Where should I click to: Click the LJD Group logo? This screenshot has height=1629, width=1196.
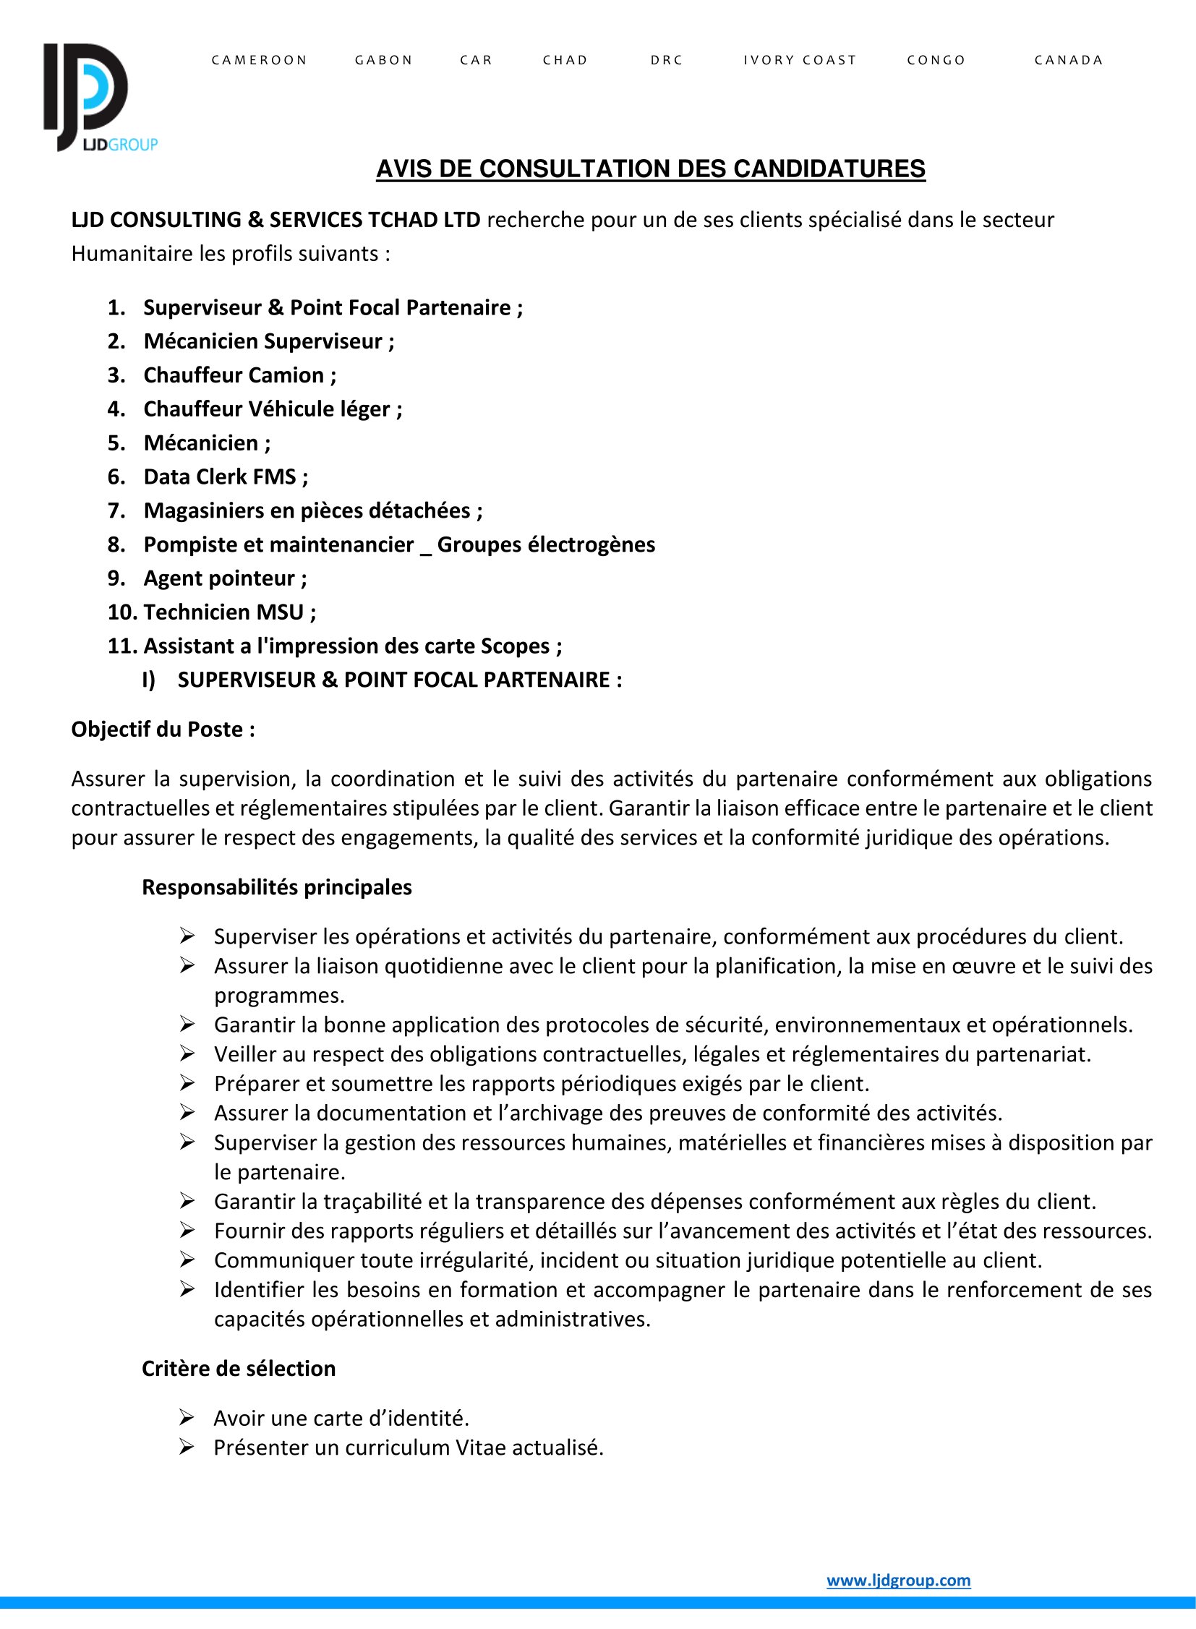tap(98, 98)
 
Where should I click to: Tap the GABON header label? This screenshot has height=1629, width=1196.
tap(383, 60)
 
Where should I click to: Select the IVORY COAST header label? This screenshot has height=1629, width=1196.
tap(799, 60)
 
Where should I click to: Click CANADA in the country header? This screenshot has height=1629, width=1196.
tap(1068, 60)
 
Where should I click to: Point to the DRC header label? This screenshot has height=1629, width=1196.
tap(666, 60)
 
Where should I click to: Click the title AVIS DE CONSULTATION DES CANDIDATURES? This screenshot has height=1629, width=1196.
tap(650, 169)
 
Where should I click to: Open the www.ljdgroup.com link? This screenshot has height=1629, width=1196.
tap(898, 1580)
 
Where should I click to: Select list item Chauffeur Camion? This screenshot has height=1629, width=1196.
tap(239, 375)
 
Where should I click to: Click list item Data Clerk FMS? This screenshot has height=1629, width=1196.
tap(225, 476)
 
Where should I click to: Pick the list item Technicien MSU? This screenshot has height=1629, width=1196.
tap(229, 612)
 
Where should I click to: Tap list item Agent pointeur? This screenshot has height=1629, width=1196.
tap(224, 578)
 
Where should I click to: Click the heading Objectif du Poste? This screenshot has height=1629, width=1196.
tap(163, 729)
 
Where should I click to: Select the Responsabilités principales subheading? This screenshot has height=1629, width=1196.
tap(276, 887)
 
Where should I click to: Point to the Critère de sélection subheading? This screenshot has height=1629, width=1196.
tap(238, 1369)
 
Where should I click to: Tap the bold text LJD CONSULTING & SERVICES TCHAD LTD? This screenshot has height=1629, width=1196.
tap(275, 219)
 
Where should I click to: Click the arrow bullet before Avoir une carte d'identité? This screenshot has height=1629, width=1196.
tap(187, 1418)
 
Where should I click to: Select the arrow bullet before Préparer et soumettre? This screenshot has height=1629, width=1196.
tap(187, 1083)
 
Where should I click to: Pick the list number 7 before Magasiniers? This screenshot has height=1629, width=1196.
tap(115, 510)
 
